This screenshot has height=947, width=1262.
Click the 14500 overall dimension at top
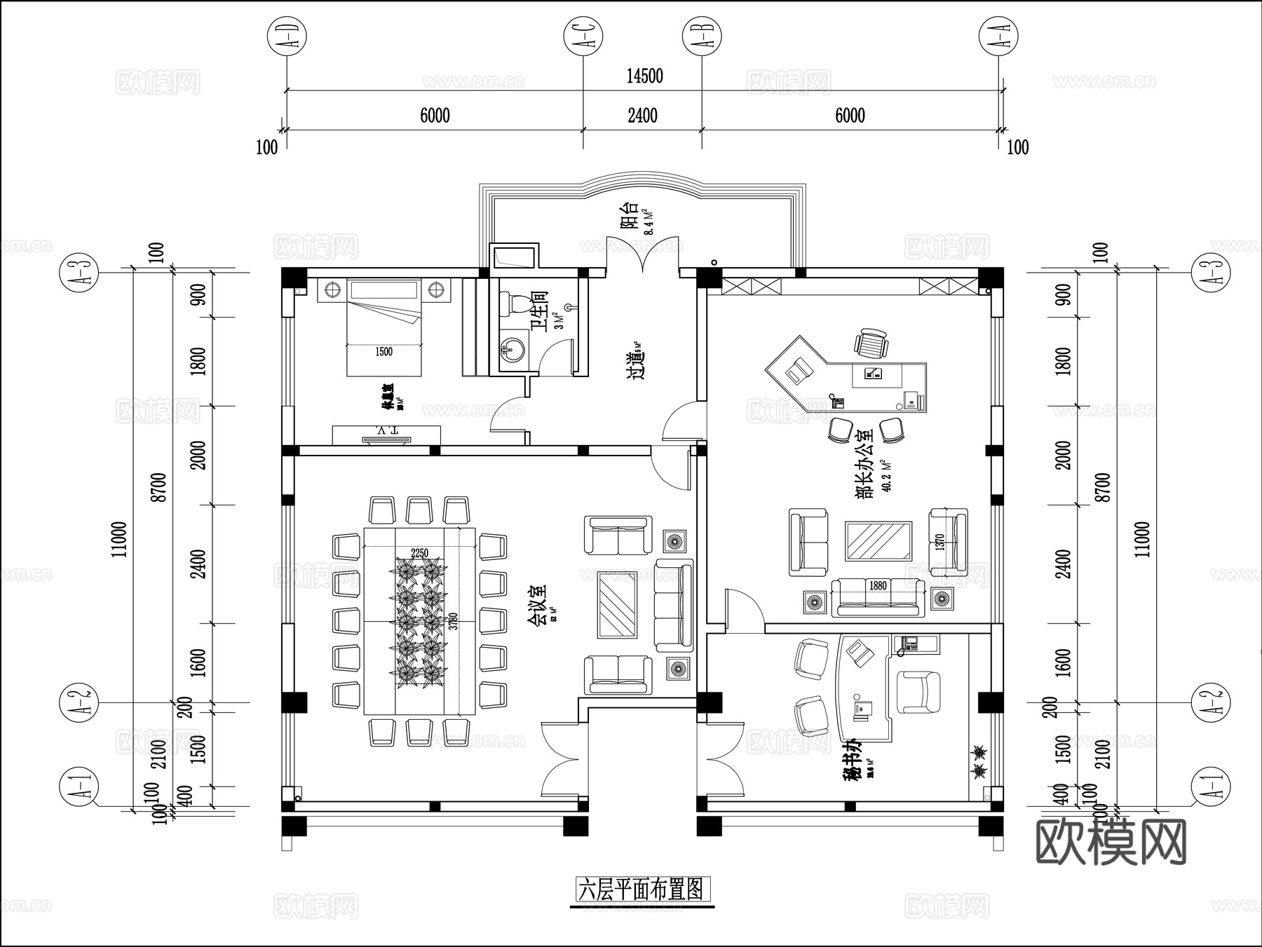[x=644, y=76]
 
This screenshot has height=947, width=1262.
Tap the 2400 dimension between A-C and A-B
[x=642, y=115]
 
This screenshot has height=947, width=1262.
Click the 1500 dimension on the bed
[x=384, y=352]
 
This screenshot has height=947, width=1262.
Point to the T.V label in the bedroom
[x=386, y=430]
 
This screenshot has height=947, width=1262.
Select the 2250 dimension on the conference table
[x=419, y=553]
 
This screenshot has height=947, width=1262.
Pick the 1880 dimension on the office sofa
[x=877, y=585]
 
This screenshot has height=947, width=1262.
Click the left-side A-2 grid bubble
[x=80, y=703]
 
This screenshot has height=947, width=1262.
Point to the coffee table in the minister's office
[x=878, y=540]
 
